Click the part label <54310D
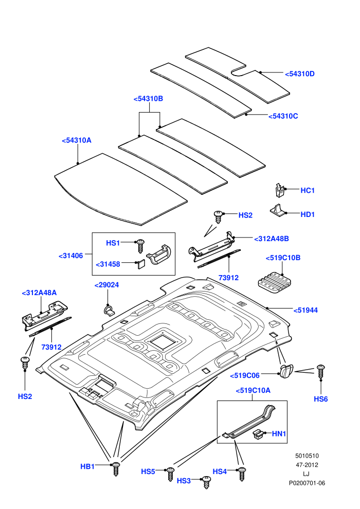[300, 74]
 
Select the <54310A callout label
[77, 140]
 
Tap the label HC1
[308, 190]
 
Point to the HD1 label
[308, 214]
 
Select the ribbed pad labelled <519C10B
[275, 283]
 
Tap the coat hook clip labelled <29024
[109, 311]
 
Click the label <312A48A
[39, 293]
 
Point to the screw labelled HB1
[116, 469]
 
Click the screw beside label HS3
[206, 482]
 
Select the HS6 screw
[321, 372]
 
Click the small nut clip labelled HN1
[258, 434]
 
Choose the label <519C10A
[253, 391]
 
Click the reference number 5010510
[307, 456]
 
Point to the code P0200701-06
[307, 483]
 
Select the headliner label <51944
[305, 311]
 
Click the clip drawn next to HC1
[279, 190]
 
